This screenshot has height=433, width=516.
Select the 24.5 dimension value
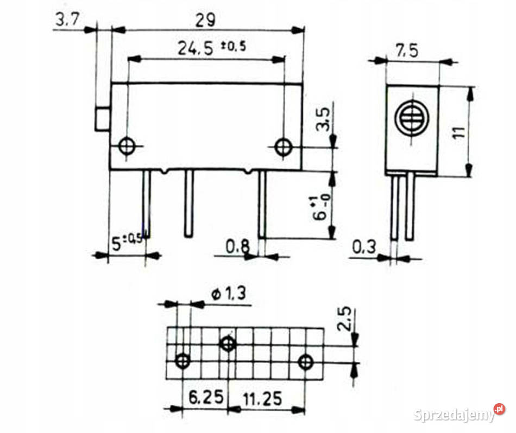(196, 48)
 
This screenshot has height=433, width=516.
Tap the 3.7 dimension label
(67, 19)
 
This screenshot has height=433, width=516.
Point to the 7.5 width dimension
(407, 50)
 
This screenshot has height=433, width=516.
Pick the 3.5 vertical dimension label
(323, 119)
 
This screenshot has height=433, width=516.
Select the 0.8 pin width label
(237, 246)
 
